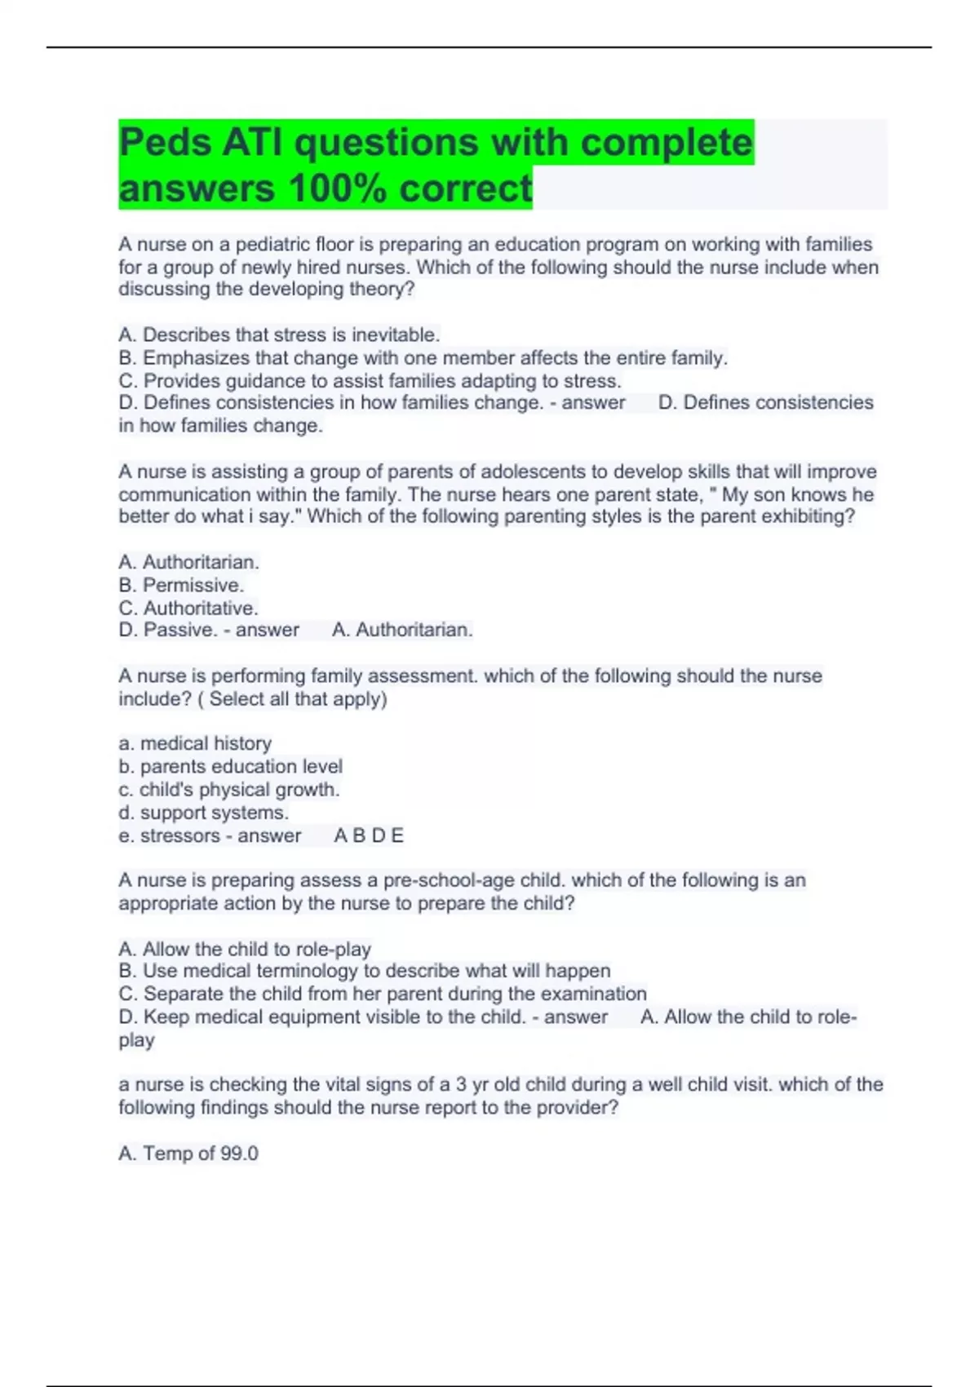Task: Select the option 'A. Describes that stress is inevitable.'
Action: tap(279, 335)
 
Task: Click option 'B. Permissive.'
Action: tap(181, 585)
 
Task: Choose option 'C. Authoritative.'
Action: tap(188, 608)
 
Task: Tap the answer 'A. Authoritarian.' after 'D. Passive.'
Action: tap(402, 631)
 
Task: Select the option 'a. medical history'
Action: tap(195, 743)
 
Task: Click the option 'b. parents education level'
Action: tap(230, 766)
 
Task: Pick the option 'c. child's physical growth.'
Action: tap(228, 790)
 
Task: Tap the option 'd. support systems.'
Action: tap(203, 813)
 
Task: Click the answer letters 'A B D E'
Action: tap(369, 835)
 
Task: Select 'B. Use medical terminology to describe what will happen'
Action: tap(365, 971)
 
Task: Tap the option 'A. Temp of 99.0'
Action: tap(188, 1154)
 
